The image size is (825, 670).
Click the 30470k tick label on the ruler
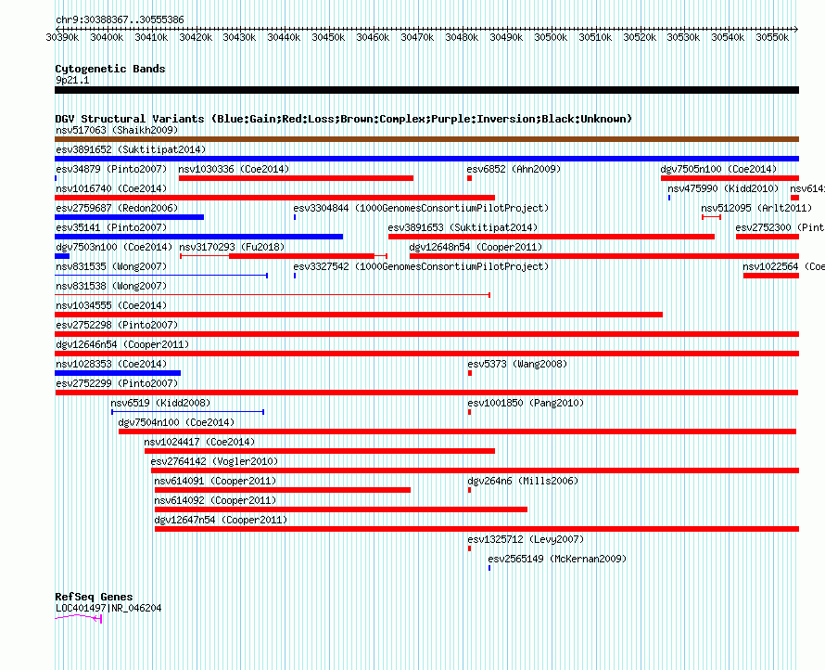coord(417,37)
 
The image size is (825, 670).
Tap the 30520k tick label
coord(640,37)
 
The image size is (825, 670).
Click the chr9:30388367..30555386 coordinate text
coord(120,20)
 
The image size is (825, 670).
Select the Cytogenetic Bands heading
coord(110,69)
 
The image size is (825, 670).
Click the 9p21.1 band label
coord(72,80)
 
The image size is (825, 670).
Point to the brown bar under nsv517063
coord(426,139)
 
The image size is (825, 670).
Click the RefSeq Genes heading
coord(94,597)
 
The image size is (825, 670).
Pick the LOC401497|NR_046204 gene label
coord(108,609)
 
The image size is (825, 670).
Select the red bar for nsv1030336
coord(297,178)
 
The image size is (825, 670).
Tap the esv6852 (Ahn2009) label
coord(514,169)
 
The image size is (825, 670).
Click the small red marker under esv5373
coord(470,373)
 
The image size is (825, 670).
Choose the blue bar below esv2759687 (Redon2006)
coord(130,217)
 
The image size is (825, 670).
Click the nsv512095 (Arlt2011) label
coord(756,208)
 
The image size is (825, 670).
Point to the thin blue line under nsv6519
coord(188,412)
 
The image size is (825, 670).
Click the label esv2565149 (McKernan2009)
coord(557,559)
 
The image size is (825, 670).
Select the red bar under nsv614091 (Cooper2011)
coord(283,490)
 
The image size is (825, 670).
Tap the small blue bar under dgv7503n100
coord(62,256)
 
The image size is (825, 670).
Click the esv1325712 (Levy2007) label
coord(526,539)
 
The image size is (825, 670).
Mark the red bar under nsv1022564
coord(771,276)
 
